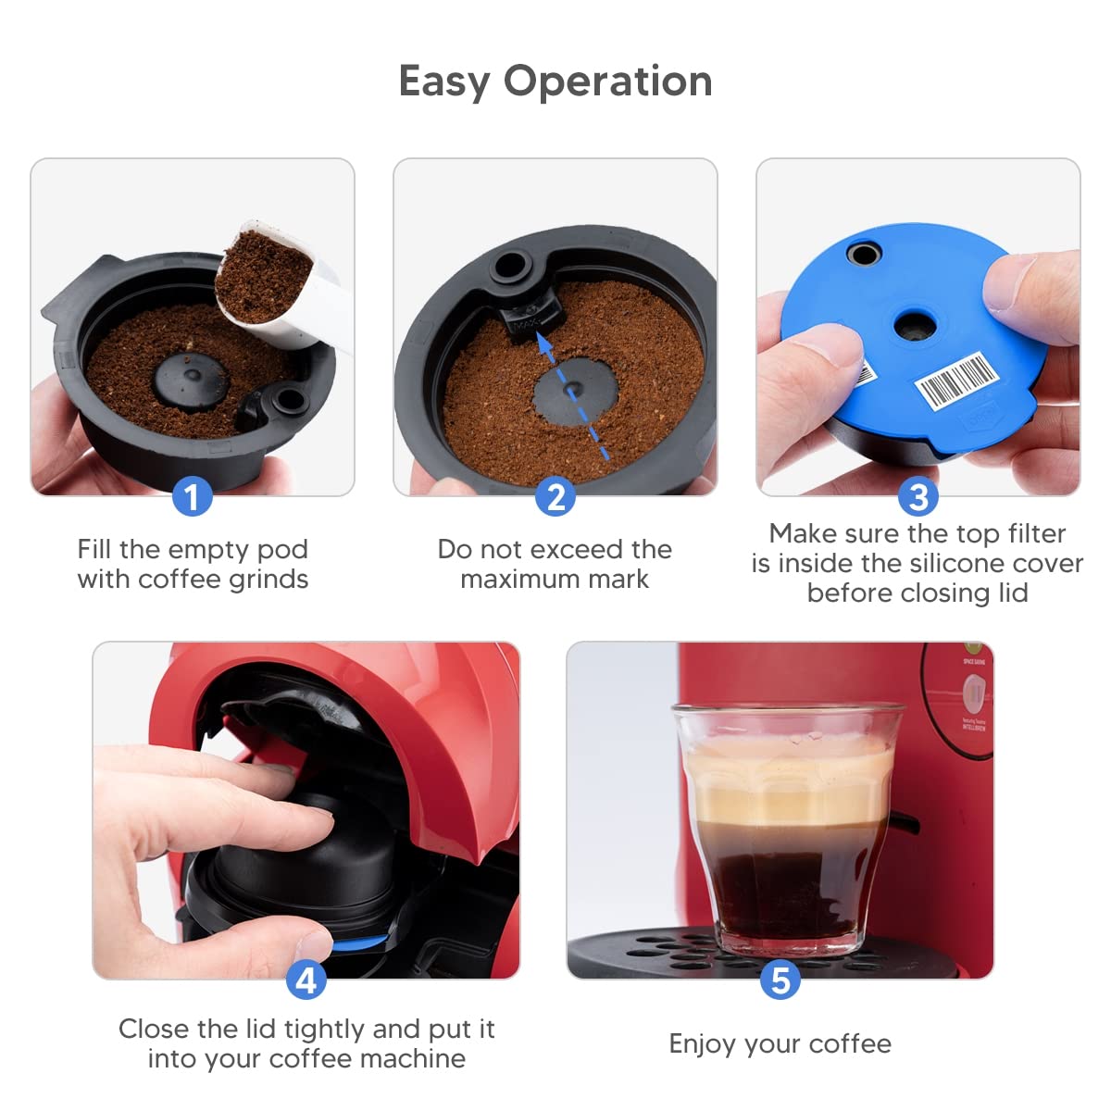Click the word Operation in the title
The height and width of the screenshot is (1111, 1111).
tap(607, 81)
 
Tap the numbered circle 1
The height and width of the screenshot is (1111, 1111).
tap(192, 497)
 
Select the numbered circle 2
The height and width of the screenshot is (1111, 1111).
tap(555, 497)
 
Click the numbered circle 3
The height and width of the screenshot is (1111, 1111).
tap(918, 497)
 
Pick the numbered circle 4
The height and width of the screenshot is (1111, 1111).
tap(306, 980)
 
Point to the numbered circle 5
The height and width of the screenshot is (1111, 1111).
tap(780, 980)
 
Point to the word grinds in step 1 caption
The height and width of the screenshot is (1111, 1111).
tap(265, 580)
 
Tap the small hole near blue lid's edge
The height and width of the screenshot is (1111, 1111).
tap(864, 253)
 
